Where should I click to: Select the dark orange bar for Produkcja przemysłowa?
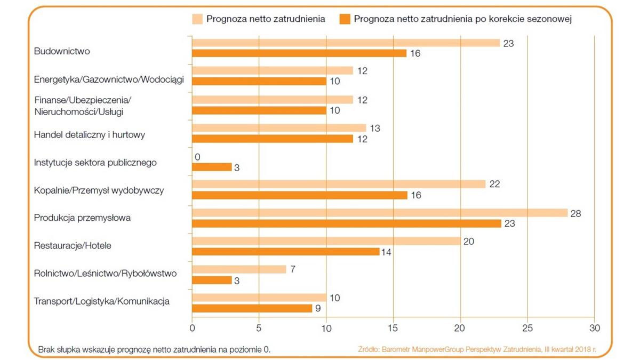(347, 223)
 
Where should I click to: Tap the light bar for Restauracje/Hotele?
(326, 241)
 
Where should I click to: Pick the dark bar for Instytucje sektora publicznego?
(212, 167)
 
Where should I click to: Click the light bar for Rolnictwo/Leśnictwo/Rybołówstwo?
(239, 269)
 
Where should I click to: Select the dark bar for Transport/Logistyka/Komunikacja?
(252, 308)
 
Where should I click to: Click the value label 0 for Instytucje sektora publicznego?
(198, 157)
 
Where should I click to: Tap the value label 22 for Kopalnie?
(495, 185)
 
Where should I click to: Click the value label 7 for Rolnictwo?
(293, 269)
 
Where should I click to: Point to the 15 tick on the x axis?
(393, 327)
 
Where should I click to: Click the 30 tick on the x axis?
(594, 327)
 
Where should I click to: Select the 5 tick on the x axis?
(259, 327)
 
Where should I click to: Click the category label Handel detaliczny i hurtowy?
(89, 134)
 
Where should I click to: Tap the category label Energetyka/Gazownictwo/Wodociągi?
(109, 79)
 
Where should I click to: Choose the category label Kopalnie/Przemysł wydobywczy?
(99, 190)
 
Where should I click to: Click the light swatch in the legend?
(197, 20)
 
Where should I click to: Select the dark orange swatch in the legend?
(345, 20)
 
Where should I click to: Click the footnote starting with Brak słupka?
(154, 350)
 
